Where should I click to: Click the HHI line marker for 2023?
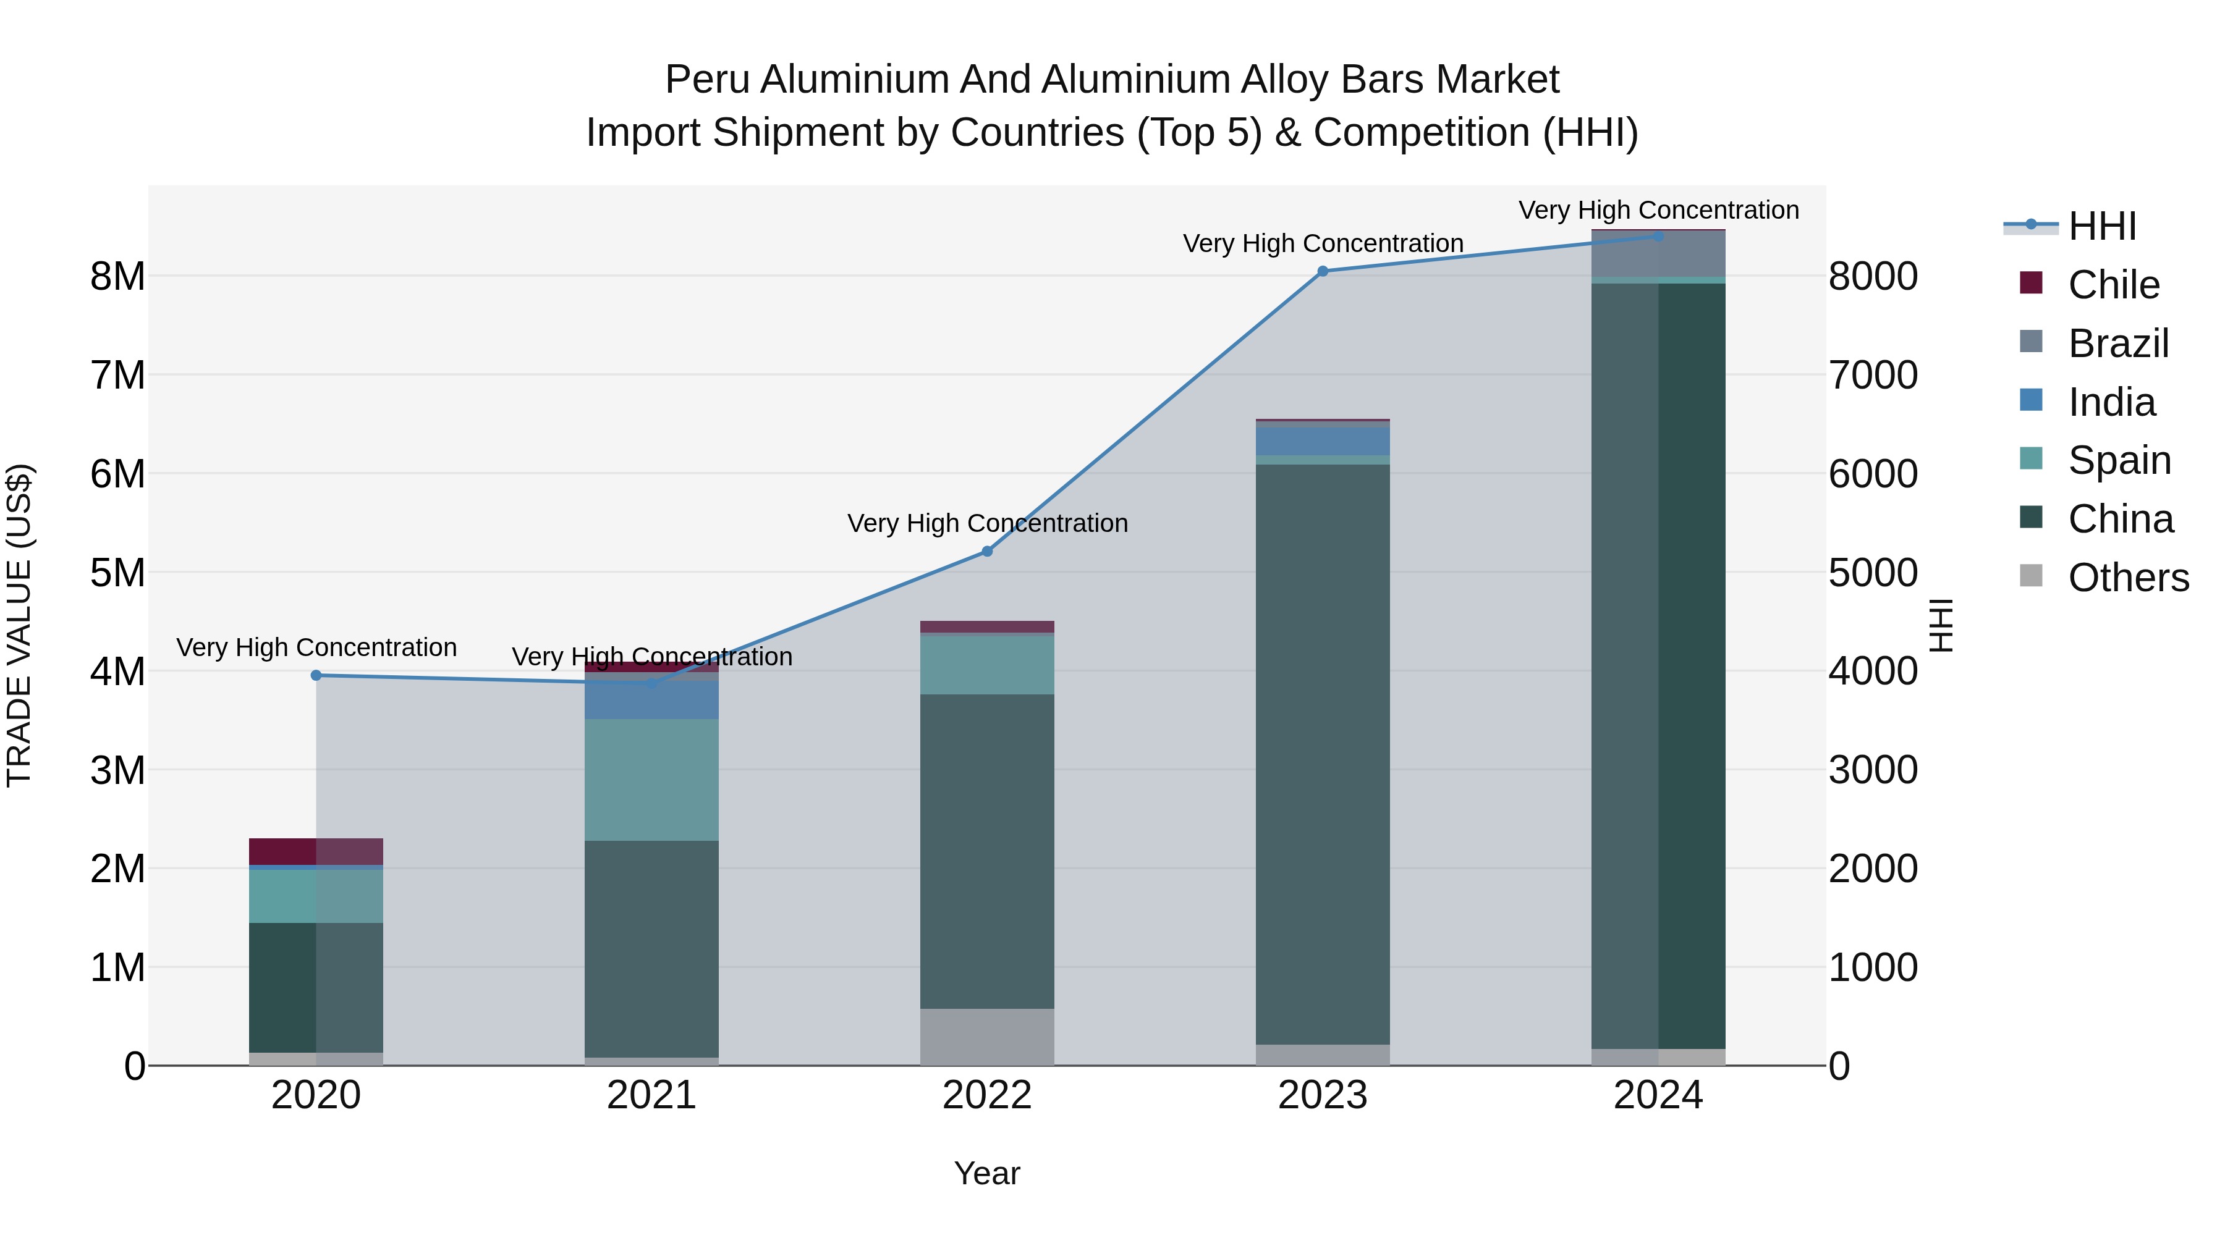pos(1323,271)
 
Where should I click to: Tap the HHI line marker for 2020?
pos(316,675)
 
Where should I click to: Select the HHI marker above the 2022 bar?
pos(987,551)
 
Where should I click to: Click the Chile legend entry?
pos(2114,285)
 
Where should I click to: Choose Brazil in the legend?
pos(2118,343)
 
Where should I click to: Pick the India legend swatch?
pos(2032,400)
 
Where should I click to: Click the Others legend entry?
pos(2128,578)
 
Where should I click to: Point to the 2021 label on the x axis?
pos(651,1095)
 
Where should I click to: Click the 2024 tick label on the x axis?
pos(1658,1095)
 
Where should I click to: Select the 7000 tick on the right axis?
pos(1873,376)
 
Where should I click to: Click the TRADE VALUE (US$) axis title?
pos(20,625)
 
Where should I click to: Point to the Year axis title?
pos(986,1173)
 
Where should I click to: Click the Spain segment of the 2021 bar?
pos(651,780)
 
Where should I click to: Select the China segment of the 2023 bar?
pos(1323,754)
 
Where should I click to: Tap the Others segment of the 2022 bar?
pos(987,1036)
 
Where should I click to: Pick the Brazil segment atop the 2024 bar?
pos(1658,254)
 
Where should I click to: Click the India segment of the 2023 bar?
pos(1323,441)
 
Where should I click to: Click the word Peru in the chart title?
pos(708,80)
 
